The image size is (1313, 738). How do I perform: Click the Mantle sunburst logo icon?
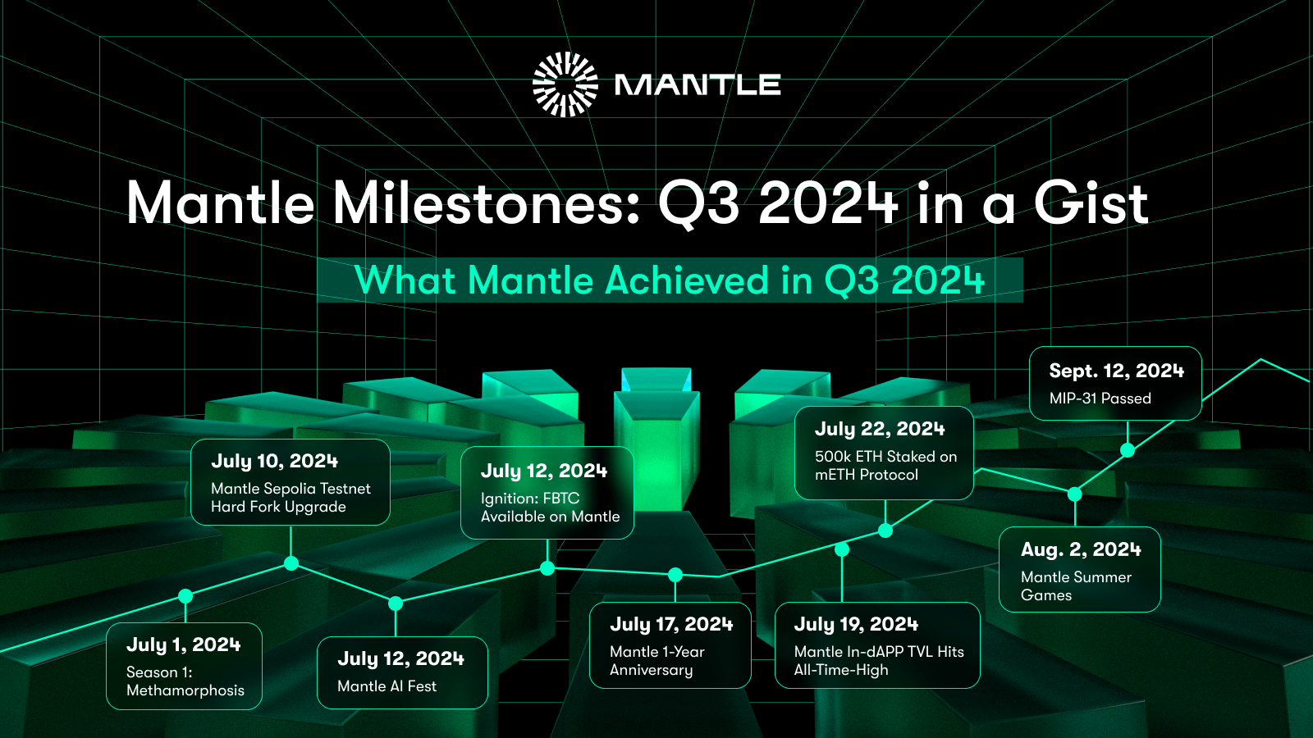pyautogui.click(x=565, y=84)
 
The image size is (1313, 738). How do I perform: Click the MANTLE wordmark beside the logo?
pyautogui.click(x=698, y=84)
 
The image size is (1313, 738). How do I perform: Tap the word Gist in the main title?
pyautogui.click(x=1091, y=203)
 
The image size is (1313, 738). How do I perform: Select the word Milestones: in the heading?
pyautogui.click(x=487, y=203)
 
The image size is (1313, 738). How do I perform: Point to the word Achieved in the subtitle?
pyautogui.click(x=687, y=280)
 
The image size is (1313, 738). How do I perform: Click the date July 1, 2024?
pyautogui.click(x=183, y=645)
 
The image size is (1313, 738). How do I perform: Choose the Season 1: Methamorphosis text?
pyautogui.click(x=185, y=681)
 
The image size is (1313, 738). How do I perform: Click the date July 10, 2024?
pyautogui.click(x=274, y=461)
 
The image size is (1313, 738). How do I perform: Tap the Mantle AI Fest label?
pyautogui.click(x=387, y=686)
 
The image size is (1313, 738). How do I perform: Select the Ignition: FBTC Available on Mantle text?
pyautogui.click(x=550, y=508)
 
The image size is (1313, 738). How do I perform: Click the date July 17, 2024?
pyautogui.click(x=671, y=624)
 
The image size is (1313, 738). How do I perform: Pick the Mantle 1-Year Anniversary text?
pyautogui.click(x=656, y=661)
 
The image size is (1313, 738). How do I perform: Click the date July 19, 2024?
pyautogui.click(x=856, y=624)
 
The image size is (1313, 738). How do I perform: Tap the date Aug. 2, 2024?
pyautogui.click(x=1081, y=549)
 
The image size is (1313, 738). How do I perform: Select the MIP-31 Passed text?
pyautogui.click(x=1100, y=399)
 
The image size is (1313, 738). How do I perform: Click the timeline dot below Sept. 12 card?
pyautogui.click(x=1128, y=450)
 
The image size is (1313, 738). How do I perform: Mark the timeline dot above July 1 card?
pyautogui.click(x=185, y=596)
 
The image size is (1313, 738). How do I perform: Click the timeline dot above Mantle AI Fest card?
pyautogui.click(x=396, y=604)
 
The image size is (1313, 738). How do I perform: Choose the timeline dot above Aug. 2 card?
pyautogui.click(x=1075, y=494)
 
